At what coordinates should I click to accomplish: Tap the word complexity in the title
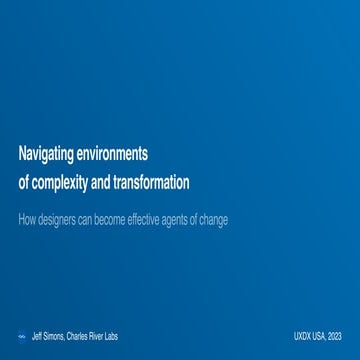pos(59,183)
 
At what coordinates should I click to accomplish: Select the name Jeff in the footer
pos(37,337)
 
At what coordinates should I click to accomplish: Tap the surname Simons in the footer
pos(54,337)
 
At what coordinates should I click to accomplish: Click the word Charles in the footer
pos(78,337)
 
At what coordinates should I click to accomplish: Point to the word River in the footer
pos(97,337)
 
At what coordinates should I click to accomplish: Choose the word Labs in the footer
pos(111,337)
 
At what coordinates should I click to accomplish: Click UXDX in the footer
pos(303,337)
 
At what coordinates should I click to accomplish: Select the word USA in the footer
pos(320,337)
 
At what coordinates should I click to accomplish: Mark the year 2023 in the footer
pos(336,337)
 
